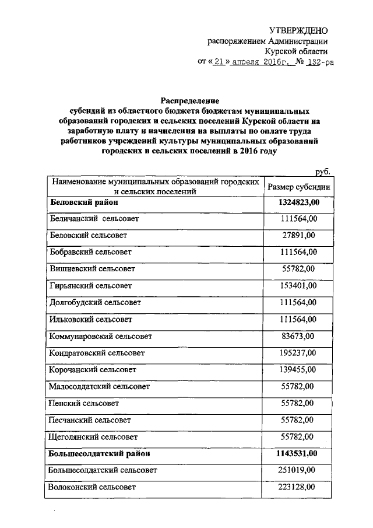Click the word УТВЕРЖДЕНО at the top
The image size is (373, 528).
point(298,30)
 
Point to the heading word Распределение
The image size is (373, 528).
point(186,100)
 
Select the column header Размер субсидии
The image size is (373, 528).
point(299,187)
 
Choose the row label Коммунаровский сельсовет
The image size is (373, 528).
point(100,336)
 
